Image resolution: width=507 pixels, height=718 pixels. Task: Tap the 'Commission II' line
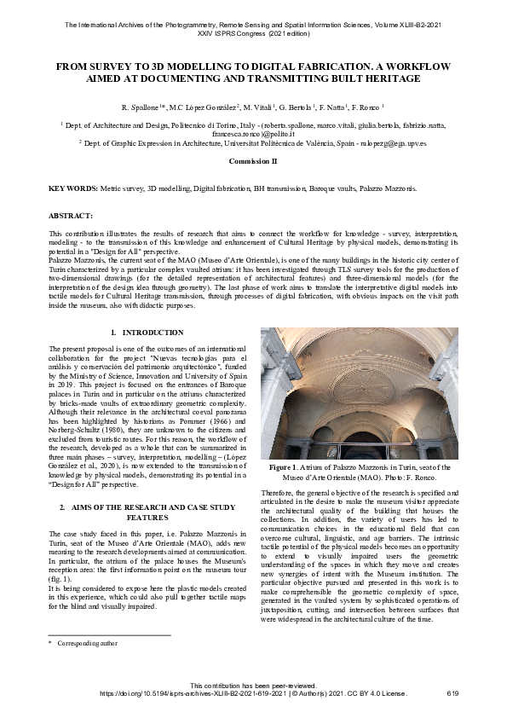[x=253, y=160]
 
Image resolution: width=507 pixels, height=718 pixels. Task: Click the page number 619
[x=452, y=694]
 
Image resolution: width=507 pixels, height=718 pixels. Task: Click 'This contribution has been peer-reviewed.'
[x=253, y=686]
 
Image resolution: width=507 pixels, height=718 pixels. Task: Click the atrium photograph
[x=359, y=393]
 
